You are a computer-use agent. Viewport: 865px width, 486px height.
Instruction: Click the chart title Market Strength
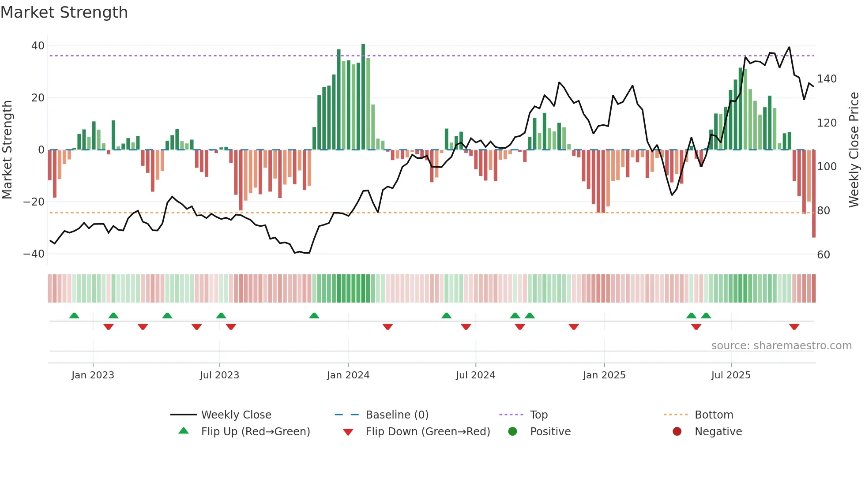pos(64,12)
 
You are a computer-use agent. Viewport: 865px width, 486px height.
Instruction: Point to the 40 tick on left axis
pos(38,46)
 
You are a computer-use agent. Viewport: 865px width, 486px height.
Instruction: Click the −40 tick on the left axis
pos(34,254)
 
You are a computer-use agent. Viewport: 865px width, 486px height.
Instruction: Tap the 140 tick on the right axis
pos(827,79)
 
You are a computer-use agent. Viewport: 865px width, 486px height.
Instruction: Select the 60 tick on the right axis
pos(824,255)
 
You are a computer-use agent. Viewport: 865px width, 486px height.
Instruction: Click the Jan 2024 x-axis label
pos(348,375)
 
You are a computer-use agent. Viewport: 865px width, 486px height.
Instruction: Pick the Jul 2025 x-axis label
pos(731,375)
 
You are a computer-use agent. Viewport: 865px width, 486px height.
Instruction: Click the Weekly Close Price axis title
pos(854,150)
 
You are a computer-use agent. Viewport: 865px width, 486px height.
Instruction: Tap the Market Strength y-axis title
pos(7,150)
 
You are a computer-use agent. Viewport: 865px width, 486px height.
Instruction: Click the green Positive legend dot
pos(512,432)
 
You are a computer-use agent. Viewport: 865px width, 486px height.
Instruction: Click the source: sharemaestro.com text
pos(781,346)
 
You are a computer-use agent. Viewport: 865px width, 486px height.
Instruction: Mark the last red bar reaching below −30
pos(814,194)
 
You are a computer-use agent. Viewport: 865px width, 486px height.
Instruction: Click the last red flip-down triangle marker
pos(794,327)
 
